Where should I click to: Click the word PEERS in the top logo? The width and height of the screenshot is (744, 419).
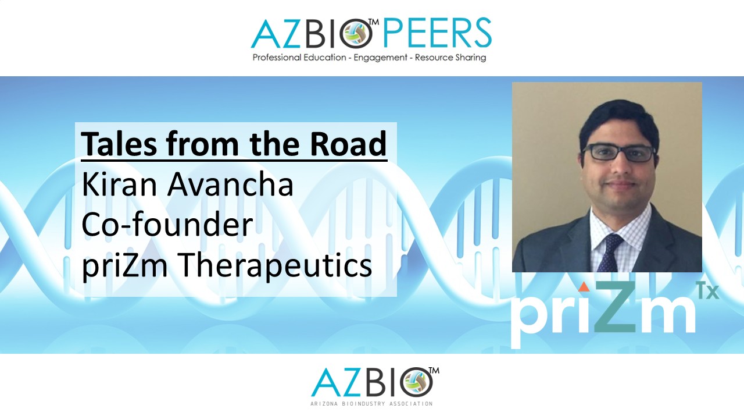tap(438, 33)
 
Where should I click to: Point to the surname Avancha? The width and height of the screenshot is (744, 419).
tap(231, 184)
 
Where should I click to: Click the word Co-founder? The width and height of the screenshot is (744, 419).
tap(167, 224)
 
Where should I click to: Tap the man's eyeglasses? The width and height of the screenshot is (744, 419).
tap(618, 153)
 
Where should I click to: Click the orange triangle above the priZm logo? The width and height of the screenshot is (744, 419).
tap(584, 287)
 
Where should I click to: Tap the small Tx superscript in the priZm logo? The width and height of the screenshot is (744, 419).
tap(708, 292)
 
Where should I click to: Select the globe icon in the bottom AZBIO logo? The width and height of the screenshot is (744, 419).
tap(416, 382)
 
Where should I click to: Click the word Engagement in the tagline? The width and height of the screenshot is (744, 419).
tap(380, 58)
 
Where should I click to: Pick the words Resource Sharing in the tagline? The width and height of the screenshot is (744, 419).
tap(450, 58)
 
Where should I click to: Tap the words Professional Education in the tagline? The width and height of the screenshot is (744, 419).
tap(299, 58)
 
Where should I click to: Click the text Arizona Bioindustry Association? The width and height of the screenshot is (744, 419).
tap(371, 404)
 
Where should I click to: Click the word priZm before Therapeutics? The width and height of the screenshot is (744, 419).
tap(125, 266)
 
